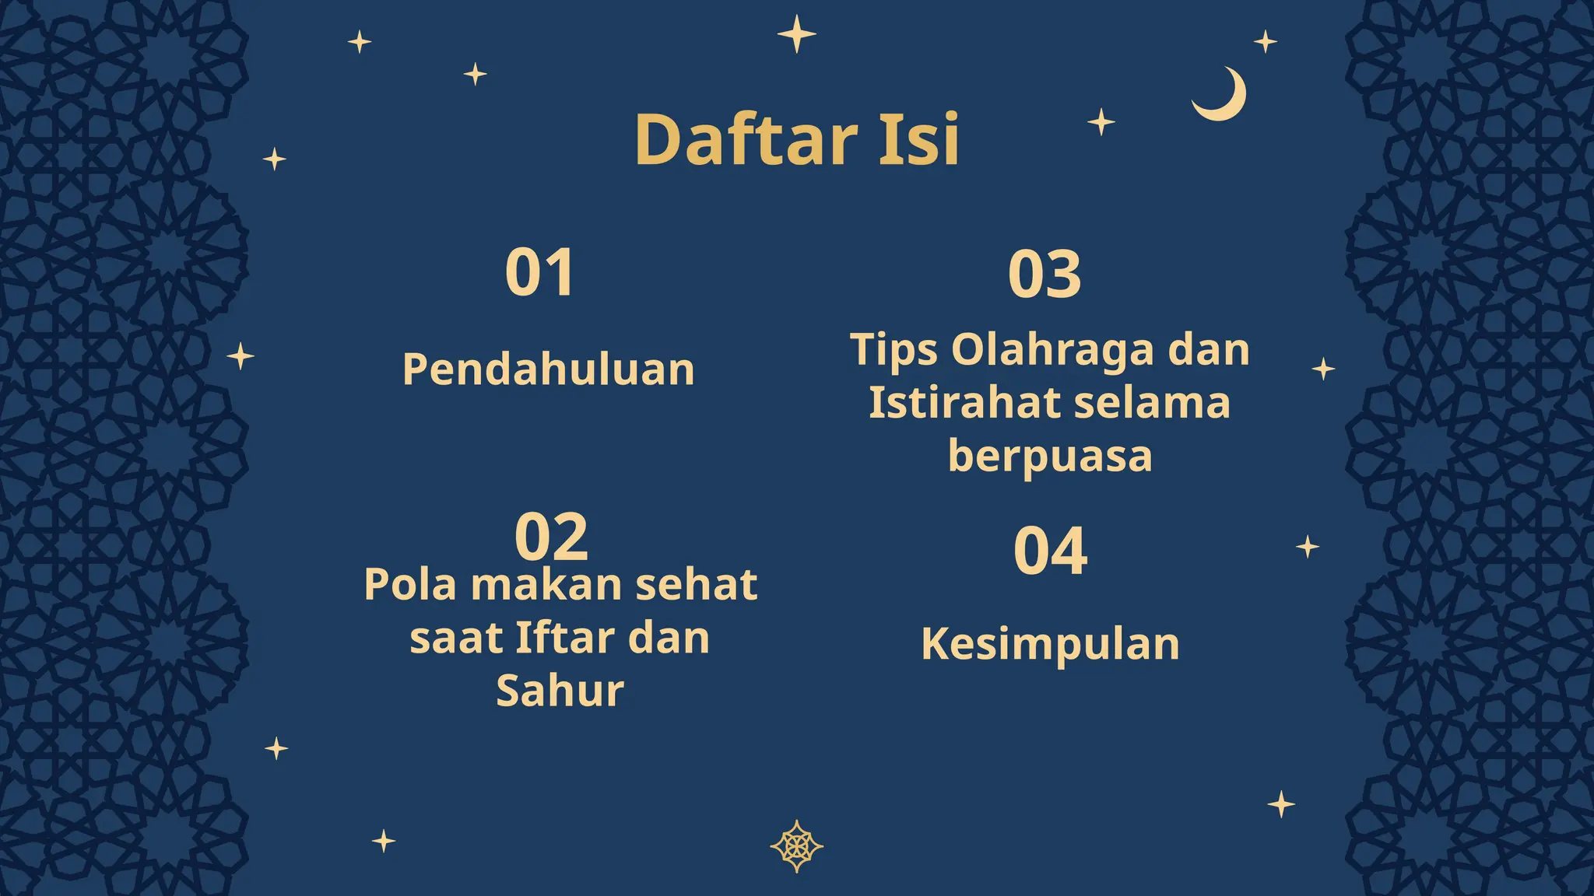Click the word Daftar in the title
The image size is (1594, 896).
pos(746,140)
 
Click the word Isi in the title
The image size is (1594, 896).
pos(919,140)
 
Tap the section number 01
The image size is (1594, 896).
pos(540,272)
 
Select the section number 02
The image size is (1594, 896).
pos(551,537)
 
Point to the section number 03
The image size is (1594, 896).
pos(1045,275)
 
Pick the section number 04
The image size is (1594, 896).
pos(1050,551)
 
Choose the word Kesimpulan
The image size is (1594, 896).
pos(1050,644)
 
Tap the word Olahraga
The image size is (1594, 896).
pos(1052,349)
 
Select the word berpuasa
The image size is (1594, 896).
pos(1050,457)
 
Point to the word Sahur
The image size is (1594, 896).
pos(560,691)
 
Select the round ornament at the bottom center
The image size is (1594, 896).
pos(796,846)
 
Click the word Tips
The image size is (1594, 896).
pos(894,350)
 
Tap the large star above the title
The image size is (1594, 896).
pos(796,34)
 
